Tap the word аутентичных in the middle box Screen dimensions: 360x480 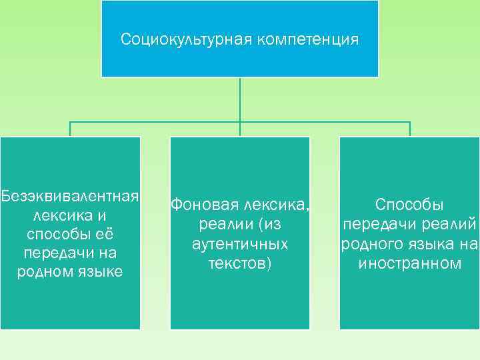pyautogui.click(x=240, y=244)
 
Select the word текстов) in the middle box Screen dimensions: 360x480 pyautogui.click(x=240, y=264)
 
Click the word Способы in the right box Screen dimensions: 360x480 pyautogui.click(x=410, y=205)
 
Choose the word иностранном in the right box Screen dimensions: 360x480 pyautogui.click(x=410, y=264)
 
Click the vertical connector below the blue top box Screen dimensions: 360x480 pyautogui.click(x=240, y=100)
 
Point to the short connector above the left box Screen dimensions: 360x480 pyautogui.click(x=70, y=129)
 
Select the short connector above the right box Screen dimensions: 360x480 pyautogui.click(x=410, y=129)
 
